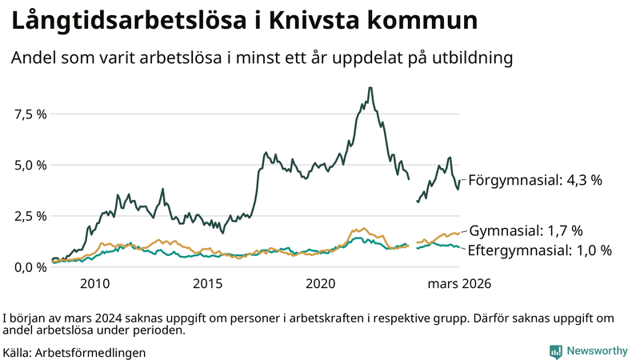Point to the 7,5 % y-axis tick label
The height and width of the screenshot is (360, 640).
pyautogui.click(x=31, y=114)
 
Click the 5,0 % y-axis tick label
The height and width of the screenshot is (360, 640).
pyautogui.click(x=31, y=165)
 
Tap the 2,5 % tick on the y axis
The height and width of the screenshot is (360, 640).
pyautogui.click(x=31, y=216)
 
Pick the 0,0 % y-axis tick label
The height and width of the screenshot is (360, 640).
pyautogui.click(x=31, y=266)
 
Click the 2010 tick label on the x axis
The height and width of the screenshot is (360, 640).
pyautogui.click(x=94, y=284)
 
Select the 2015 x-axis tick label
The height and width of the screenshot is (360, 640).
pyautogui.click(x=207, y=284)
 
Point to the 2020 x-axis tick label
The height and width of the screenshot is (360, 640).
pyautogui.click(x=321, y=284)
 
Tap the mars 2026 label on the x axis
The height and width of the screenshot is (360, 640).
pyautogui.click(x=459, y=284)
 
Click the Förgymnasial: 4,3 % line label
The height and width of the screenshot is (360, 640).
pyautogui.click(x=534, y=180)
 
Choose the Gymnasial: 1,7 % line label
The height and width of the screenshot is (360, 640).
pyautogui.click(x=526, y=231)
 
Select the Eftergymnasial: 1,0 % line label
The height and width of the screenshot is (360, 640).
pyautogui.click(x=540, y=250)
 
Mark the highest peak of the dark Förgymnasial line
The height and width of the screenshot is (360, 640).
pyautogui.click(x=370, y=88)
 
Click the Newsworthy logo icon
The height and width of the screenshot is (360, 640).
pyautogui.click(x=555, y=350)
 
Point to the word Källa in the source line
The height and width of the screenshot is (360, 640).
pyautogui.click(x=18, y=351)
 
